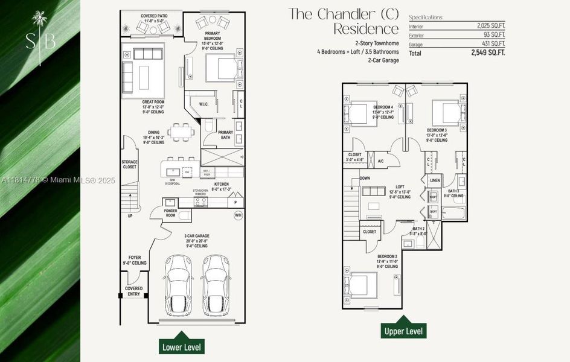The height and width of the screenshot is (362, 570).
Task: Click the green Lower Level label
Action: [181, 347]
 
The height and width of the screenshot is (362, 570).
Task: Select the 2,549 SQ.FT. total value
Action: [488, 53]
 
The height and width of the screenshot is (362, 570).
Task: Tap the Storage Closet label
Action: [129, 164]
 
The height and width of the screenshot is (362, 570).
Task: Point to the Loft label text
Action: [399, 187]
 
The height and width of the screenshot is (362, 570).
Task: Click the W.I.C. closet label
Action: [203, 104]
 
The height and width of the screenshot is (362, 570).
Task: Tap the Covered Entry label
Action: [133, 291]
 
